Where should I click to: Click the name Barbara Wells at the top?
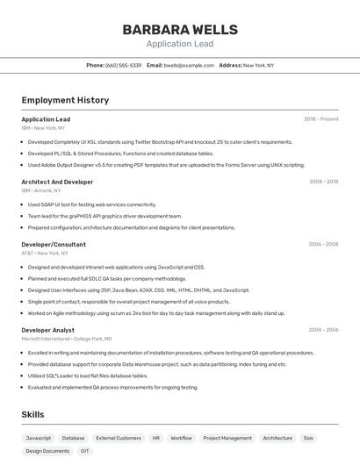(180, 29)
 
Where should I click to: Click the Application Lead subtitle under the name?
(180, 44)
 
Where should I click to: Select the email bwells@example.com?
(189, 65)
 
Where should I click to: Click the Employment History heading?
(65, 100)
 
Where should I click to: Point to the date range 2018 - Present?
(320, 119)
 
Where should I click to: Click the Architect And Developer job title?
(57, 182)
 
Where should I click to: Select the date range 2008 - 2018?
(323, 182)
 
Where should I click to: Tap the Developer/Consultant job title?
(54, 244)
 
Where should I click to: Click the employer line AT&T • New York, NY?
(45, 253)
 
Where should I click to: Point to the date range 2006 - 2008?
(323, 244)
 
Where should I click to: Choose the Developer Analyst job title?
(47, 330)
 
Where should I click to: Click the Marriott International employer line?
(67, 339)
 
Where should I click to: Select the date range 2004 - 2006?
(323, 330)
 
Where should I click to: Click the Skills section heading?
(32, 414)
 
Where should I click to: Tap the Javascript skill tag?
(39, 438)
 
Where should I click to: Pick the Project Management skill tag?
(227, 438)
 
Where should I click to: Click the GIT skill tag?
(85, 451)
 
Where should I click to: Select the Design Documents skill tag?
(47, 451)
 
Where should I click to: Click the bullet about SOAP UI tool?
(91, 204)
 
